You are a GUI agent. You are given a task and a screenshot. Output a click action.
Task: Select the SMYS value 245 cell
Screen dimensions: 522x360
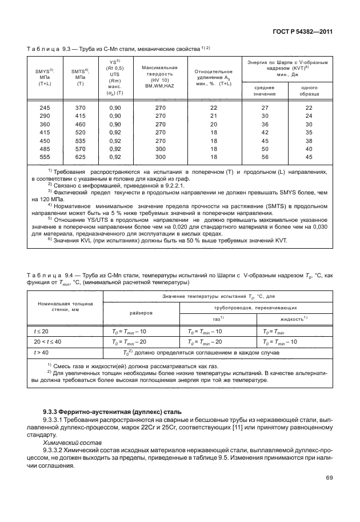point(44,107)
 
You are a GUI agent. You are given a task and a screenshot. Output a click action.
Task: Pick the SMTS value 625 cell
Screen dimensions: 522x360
point(80,157)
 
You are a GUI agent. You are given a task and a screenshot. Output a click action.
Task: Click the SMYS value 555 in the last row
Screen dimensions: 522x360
point(44,157)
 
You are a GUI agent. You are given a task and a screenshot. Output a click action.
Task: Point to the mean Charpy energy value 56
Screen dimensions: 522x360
point(265,157)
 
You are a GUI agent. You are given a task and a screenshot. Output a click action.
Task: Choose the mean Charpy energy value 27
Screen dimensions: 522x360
point(265,107)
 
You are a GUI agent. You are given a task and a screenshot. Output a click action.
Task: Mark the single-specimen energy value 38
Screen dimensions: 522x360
point(309,140)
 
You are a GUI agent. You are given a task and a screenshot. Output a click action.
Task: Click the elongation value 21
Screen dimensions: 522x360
point(213,115)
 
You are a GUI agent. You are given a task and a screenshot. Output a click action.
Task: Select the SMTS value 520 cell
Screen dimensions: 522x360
point(80,132)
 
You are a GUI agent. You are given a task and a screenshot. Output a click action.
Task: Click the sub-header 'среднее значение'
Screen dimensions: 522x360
point(265,90)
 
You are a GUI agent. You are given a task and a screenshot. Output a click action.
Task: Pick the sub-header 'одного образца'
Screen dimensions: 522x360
point(309,90)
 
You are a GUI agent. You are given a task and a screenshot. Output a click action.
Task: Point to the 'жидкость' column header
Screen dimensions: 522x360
point(294,318)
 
